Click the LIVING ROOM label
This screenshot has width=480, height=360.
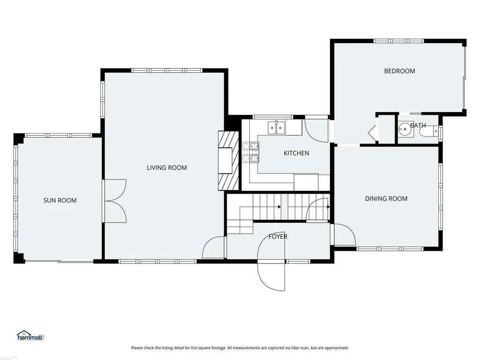[x=166, y=168]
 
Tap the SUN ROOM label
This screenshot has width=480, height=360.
[x=60, y=201]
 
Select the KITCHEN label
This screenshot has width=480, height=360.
[x=296, y=153]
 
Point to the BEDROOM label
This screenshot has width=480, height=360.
[x=399, y=71]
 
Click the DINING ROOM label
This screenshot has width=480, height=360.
[x=386, y=199]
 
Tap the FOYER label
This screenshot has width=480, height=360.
[x=278, y=237]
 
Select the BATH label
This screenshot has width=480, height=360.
[x=418, y=125]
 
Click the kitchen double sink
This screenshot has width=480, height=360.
[x=277, y=127]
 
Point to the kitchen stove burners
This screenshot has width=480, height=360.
[x=250, y=152]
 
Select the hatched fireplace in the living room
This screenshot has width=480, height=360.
[x=228, y=161]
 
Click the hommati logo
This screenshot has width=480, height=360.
[x=30, y=336]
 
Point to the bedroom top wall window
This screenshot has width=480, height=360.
[x=398, y=41]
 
